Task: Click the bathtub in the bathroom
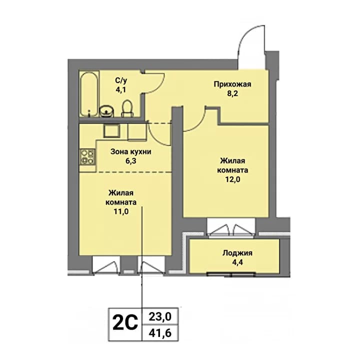89,94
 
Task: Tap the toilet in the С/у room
127,108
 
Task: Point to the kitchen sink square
111,130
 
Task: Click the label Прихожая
232,84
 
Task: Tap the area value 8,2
232,93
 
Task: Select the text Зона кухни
131,152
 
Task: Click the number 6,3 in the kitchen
131,161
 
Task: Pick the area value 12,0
232,179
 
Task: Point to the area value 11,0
121,211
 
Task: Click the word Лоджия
237,253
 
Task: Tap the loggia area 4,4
237,262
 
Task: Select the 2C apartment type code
125,323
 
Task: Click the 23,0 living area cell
160,317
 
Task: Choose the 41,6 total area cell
160,332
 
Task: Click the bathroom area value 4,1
121,89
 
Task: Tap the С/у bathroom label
121,80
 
